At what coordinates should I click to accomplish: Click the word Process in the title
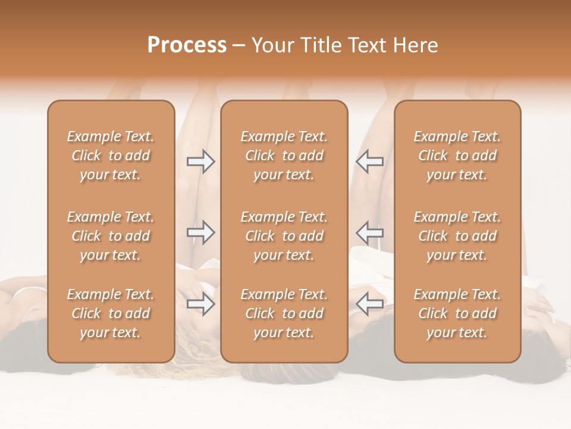click(187, 45)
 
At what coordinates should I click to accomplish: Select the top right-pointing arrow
click(200, 161)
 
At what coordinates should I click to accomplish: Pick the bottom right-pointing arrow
click(200, 304)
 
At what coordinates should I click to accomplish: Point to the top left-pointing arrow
click(370, 161)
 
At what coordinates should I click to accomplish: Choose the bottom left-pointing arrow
click(370, 304)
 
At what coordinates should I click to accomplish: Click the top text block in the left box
click(111, 156)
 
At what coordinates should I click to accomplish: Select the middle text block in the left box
click(111, 236)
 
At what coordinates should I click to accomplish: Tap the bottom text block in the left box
click(111, 313)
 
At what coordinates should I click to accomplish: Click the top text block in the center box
click(284, 156)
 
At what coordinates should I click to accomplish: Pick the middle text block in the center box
click(284, 236)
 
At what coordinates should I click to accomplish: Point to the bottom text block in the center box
click(284, 313)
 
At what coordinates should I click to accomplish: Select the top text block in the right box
click(457, 156)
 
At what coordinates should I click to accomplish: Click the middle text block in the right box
click(457, 236)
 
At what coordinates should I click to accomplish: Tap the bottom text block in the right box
click(457, 313)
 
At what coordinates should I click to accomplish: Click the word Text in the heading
click(366, 45)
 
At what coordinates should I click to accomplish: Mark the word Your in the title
click(272, 45)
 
